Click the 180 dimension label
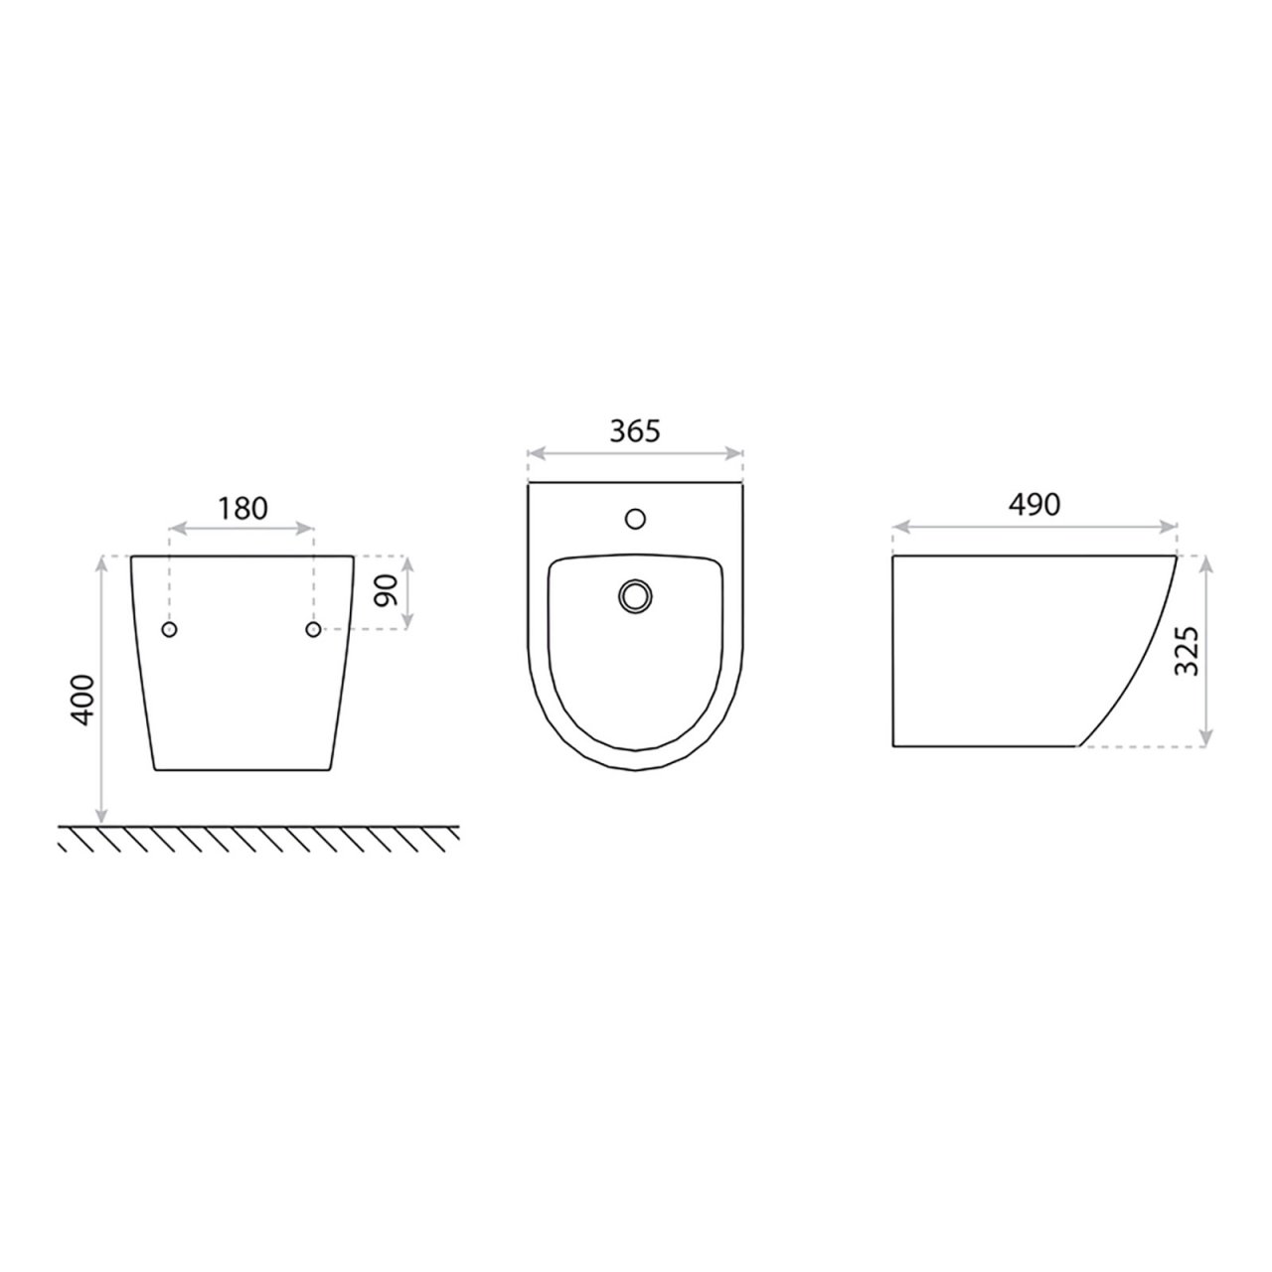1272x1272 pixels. click(x=242, y=508)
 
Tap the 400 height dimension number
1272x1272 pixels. click(x=82, y=700)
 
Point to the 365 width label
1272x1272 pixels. click(x=634, y=430)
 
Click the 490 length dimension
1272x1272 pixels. click(x=1033, y=504)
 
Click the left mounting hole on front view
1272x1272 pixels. click(x=170, y=629)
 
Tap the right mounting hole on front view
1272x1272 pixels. click(x=314, y=629)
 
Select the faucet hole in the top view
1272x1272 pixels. click(x=635, y=519)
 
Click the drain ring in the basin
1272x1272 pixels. click(x=635, y=596)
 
